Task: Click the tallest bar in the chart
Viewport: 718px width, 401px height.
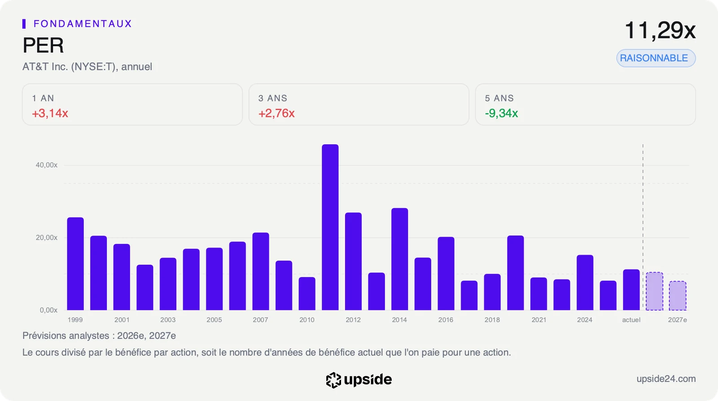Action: [330, 227]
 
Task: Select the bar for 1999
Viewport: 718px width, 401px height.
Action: [75, 264]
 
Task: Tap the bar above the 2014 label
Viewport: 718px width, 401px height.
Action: [400, 259]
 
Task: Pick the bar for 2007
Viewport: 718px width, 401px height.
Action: [261, 271]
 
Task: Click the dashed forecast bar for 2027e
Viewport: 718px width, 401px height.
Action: [678, 296]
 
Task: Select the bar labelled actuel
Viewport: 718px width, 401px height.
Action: [631, 290]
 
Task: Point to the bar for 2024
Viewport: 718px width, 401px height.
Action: [585, 283]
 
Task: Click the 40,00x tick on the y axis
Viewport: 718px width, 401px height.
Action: [47, 165]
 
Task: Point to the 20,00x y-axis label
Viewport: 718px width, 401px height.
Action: [47, 238]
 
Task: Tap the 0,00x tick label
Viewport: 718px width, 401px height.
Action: [48, 310]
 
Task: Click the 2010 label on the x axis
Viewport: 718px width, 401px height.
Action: [307, 320]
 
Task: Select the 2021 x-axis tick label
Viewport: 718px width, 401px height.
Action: [539, 320]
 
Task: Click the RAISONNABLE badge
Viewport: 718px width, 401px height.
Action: [656, 58]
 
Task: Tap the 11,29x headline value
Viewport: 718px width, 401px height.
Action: [660, 31]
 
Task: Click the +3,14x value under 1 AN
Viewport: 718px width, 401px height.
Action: [50, 113]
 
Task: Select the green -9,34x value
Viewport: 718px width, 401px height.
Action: [501, 113]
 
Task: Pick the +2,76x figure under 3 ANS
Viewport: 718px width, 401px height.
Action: [276, 113]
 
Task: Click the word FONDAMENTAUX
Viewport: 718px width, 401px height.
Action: [83, 24]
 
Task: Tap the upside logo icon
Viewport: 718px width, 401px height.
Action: [333, 380]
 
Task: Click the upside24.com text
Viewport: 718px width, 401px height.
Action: [666, 379]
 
